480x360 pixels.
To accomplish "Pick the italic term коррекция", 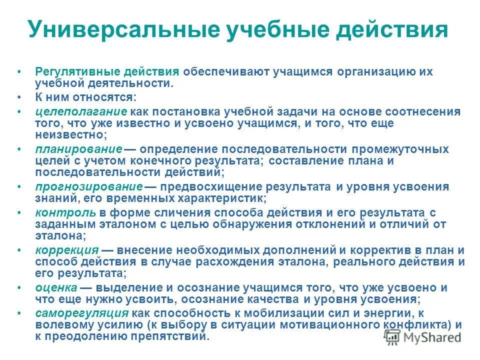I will coord(66,250).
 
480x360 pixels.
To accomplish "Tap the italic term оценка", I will coord(56,287).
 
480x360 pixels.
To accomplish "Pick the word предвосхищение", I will coord(211,186).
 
